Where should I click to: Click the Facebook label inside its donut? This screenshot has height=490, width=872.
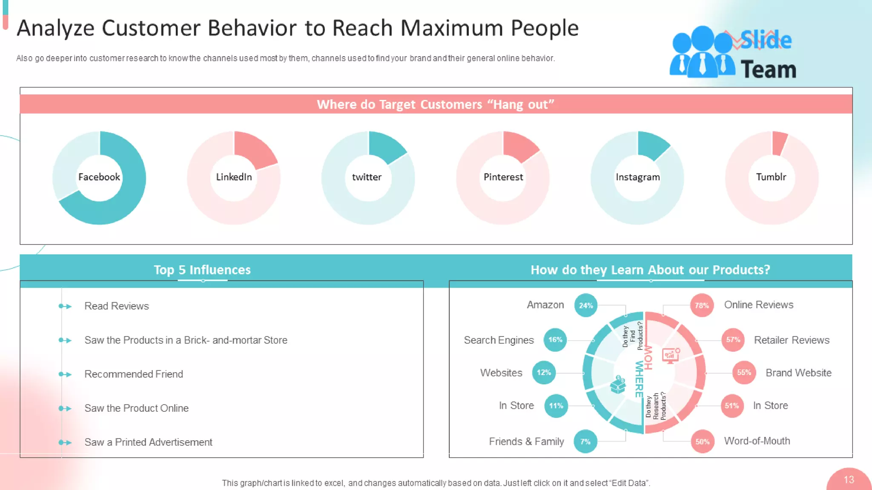click(99, 177)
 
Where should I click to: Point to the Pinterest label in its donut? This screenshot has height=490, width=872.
click(503, 177)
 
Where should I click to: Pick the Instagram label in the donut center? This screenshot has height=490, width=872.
click(637, 177)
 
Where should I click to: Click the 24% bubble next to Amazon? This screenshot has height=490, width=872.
click(585, 305)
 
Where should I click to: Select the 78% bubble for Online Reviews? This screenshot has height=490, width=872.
click(702, 305)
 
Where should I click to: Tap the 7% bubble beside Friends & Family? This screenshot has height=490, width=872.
click(585, 442)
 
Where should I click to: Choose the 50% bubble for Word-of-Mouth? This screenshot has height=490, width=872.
click(702, 442)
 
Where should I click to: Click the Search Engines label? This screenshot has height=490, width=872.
click(499, 340)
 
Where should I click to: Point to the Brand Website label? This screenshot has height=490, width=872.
click(798, 373)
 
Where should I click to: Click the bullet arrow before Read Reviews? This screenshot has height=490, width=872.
click(65, 306)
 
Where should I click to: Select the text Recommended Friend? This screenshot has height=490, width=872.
click(134, 374)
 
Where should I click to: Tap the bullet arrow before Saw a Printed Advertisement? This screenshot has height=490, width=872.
click(65, 442)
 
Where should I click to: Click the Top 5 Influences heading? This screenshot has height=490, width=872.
click(202, 270)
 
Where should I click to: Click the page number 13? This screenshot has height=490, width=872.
click(849, 480)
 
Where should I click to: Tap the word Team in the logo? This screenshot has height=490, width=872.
click(768, 70)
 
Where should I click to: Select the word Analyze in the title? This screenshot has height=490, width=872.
click(55, 28)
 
